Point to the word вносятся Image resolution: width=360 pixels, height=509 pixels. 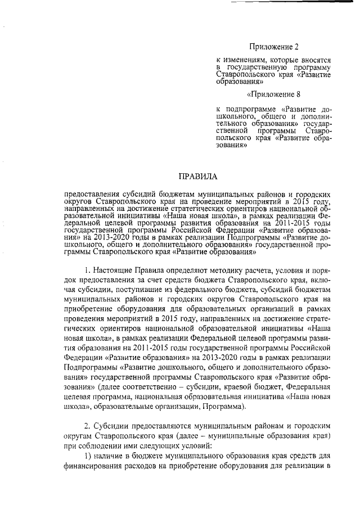click(x=314, y=59)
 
